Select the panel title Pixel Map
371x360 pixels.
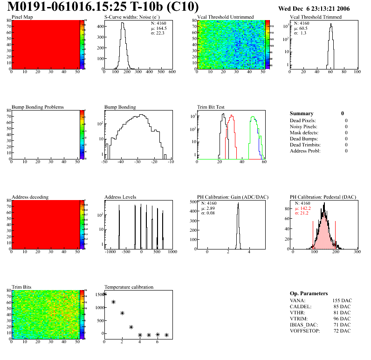click(x=22, y=17)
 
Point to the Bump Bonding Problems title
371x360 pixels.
click(x=38, y=107)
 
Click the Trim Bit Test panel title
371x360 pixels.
click(x=211, y=107)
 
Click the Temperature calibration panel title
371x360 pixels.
click(x=129, y=287)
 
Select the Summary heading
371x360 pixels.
click(x=302, y=113)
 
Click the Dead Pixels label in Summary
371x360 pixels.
click(x=302, y=121)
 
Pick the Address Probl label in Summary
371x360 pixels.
click(x=305, y=151)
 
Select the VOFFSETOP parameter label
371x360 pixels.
click(x=306, y=331)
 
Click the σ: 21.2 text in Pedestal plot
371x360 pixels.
click(x=302, y=213)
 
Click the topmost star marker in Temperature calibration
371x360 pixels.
click(x=105, y=294)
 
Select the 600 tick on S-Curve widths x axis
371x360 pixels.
click(x=172, y=72)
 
